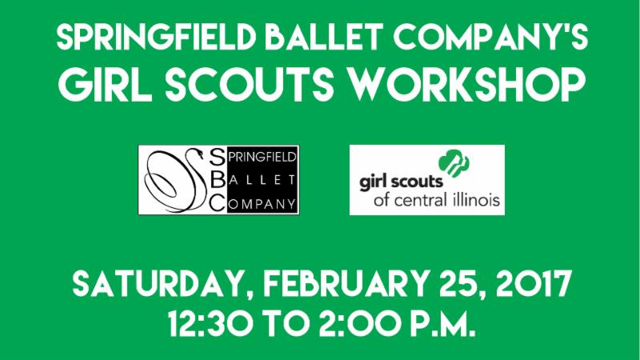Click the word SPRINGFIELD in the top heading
click(x=156, y=38)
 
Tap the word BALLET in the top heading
click(x=324, y=37)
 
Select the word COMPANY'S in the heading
click(x=490, y=37)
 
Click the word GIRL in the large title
click(x=106, y=86)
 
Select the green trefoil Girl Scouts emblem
click(x=454, y=163)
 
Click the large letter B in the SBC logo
click(x=218, y=179)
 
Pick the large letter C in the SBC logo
click(x=218, y=202)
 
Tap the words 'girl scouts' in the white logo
click(x=401, y=182)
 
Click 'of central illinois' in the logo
click(x=436, y=199)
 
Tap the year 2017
click(x=532, y=284)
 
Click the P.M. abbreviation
click(x=442, y=323)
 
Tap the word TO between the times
click(x=286, y=323)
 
